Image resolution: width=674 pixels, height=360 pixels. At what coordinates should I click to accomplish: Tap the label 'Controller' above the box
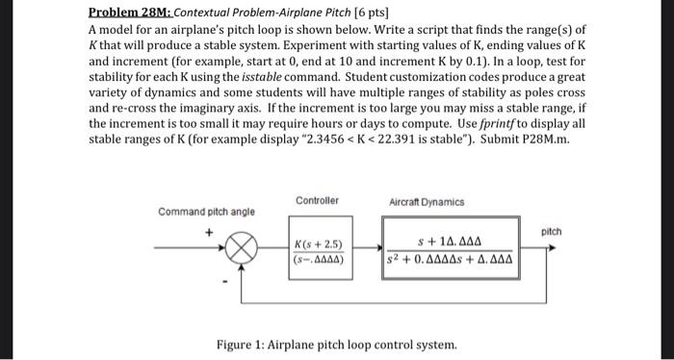tap(318, 201)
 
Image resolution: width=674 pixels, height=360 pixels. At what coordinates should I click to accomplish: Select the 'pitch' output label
tap(551, 232)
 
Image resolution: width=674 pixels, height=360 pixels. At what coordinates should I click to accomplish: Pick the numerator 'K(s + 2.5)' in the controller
tap(320, 243)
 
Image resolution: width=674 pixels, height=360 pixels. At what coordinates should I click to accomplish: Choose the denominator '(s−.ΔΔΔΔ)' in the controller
tap(320, 258)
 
